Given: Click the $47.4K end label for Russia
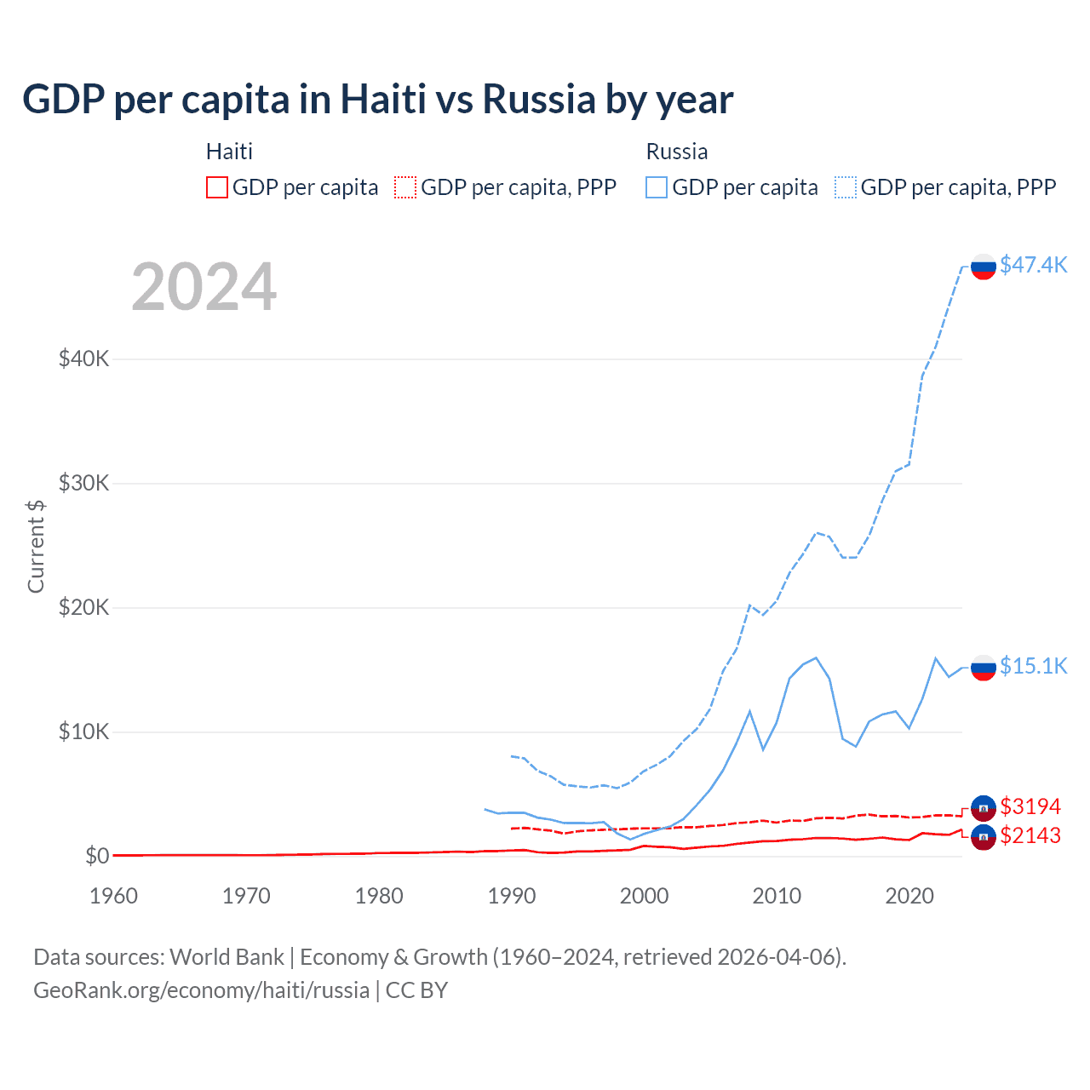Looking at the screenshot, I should click(1033, 265).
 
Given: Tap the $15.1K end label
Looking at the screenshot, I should click(1033, 666).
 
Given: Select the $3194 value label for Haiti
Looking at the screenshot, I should click(1030, 806).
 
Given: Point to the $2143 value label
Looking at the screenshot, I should click(1030, 835).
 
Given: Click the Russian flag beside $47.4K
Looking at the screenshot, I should click(984, 267).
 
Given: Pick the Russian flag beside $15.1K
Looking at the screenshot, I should click(984, 668).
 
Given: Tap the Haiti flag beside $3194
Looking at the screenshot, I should click(984, 808).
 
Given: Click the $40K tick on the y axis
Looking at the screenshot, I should click(83, 359).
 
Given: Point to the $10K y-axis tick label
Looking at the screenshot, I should click(83, 731).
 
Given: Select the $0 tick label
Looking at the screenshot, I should click(97, 856).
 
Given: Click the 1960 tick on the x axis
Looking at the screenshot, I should click(113, 896).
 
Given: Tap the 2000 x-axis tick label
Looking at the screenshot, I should click(645, 896).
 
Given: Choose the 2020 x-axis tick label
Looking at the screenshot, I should click(909, 896).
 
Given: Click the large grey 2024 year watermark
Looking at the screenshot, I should click(204, 287).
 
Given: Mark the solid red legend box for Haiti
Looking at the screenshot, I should click(217, 187).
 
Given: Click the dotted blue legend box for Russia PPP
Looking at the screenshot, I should click(846, 187).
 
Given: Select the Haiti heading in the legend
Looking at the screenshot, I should click(229, 152).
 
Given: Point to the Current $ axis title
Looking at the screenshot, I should click(36, 546).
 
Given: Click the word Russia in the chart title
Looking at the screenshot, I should click(539, 100).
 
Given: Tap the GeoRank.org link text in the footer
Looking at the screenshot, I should click(201, 990).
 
